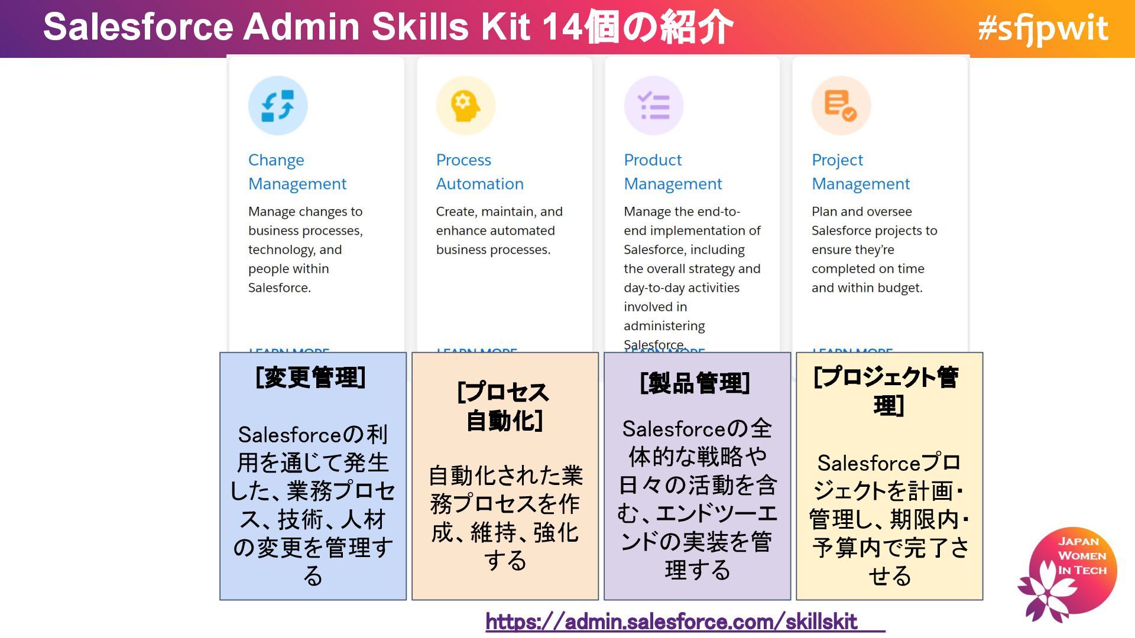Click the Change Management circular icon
tap(278, 106)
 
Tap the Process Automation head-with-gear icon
tap(465, 106)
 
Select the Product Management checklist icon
tap(654, 106)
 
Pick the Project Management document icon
tap(841, 106)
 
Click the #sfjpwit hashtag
tap(1043, 28)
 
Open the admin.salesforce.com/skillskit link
tap(672, 621)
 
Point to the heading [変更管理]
tap(311, 377)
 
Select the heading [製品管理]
tap(695, 383)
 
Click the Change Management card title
tap(297, 172)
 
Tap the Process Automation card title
tap(479, 172)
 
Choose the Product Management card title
tap(673, 172)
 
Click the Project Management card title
tap(861, 172)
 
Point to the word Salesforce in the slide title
tap(138, 27)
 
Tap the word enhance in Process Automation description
tap(458, 231)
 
